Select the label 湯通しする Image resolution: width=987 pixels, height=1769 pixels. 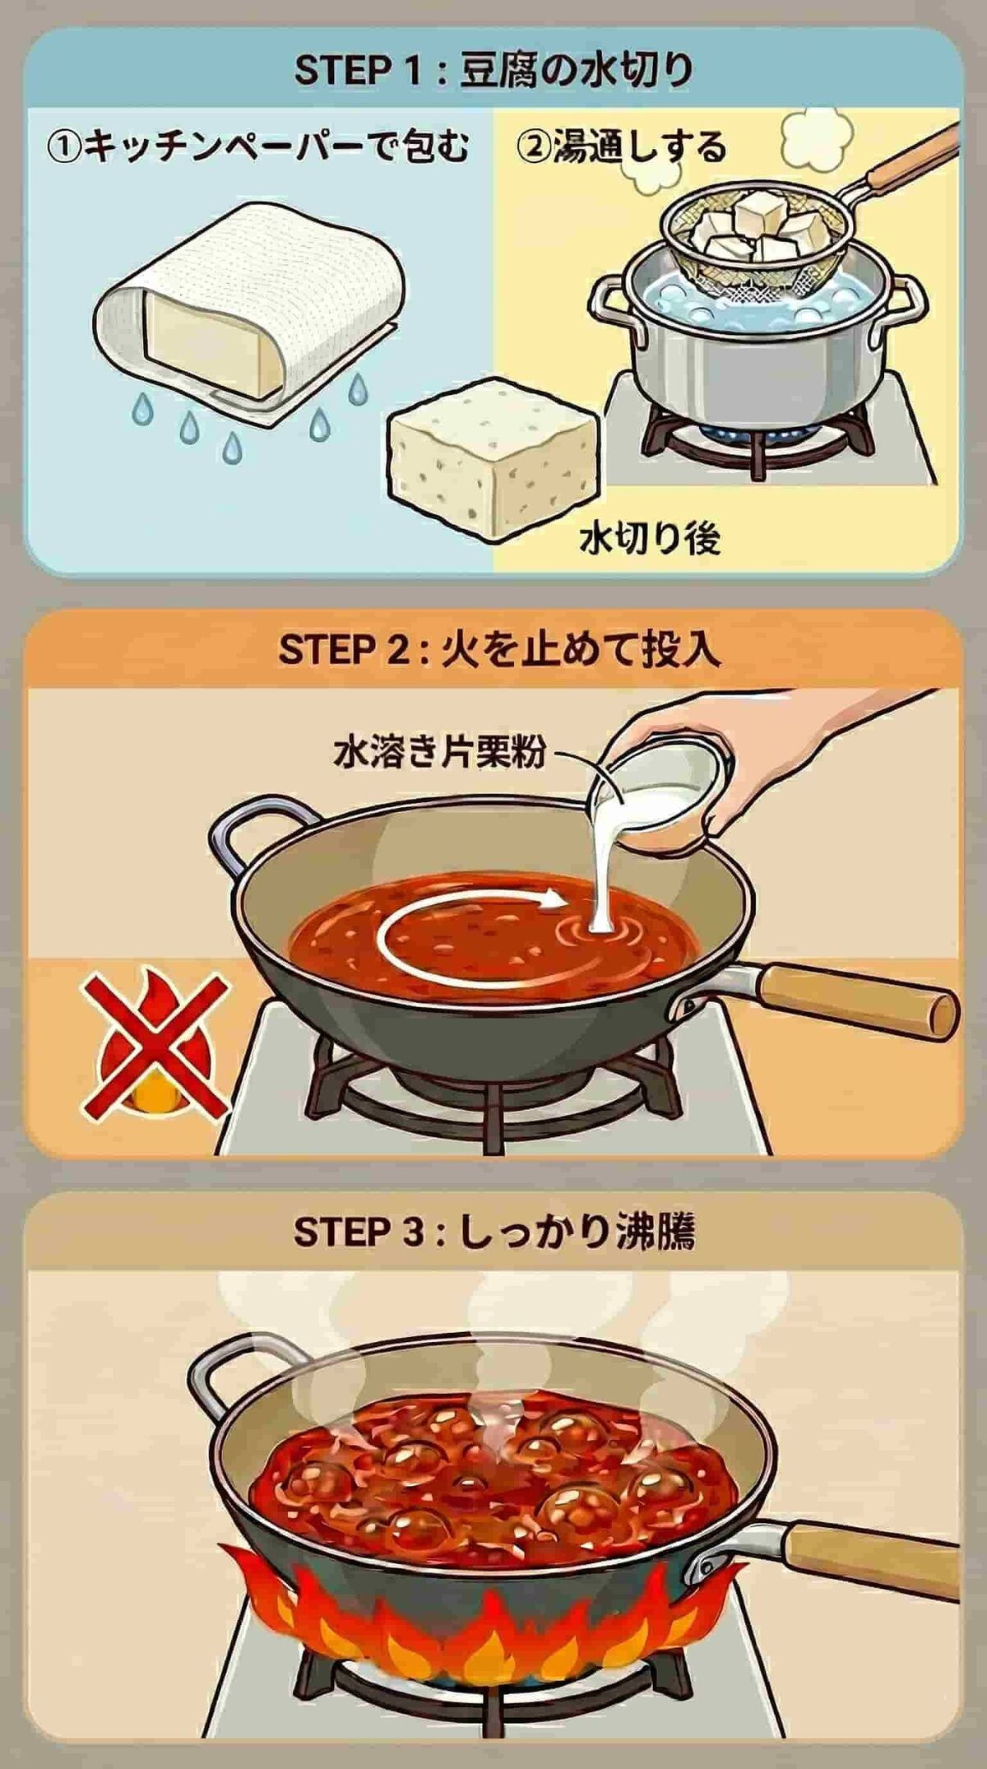pos(621,148)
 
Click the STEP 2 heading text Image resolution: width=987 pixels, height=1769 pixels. pos(498,650)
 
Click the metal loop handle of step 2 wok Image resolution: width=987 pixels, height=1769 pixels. pos(255,831)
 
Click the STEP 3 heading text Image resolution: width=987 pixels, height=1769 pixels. pos(493,1232)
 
